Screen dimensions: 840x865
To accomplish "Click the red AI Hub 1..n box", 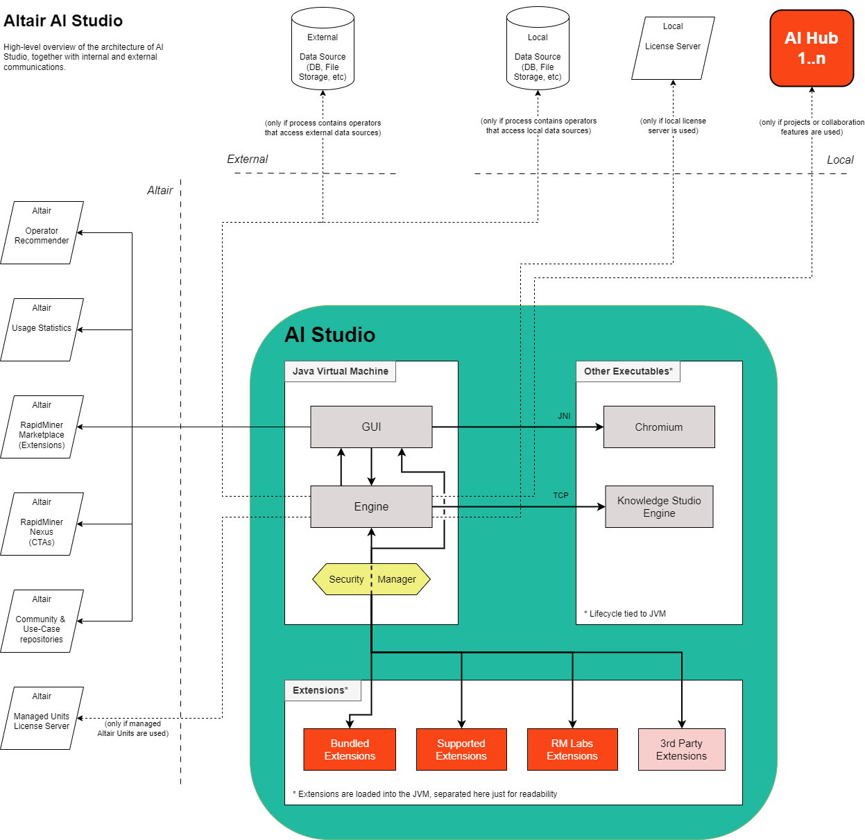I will [812, 48].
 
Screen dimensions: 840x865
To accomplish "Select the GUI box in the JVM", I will [371, 427].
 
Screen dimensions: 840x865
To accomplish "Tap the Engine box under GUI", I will [371, 506].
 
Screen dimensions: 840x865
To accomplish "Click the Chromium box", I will [659, 427].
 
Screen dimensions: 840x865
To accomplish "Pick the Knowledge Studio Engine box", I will [659, 506].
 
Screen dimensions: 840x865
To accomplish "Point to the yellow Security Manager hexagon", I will [371, 579].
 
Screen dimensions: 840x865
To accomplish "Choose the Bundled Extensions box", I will [350, 749].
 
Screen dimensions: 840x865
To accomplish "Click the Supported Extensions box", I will [461, 749].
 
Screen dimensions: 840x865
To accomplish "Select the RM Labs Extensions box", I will [572, 749].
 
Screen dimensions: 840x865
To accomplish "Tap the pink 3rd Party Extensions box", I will [681, 749].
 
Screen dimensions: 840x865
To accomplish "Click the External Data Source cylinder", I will [323, 49].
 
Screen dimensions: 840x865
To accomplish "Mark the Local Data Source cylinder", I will [538, 49].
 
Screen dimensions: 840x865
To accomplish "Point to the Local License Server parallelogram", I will [673, 48].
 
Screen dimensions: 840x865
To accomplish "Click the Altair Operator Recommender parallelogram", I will [42, 232].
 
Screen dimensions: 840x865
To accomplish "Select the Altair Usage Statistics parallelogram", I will [42, 329].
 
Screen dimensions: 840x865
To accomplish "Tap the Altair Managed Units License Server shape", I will [42, 718].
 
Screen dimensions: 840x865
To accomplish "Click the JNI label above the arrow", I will [564, 416].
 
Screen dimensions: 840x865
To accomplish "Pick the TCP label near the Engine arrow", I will [560, 495].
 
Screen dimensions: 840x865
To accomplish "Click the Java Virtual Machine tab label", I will [340, 371].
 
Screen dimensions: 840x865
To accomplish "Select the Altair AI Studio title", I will [63, 21].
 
